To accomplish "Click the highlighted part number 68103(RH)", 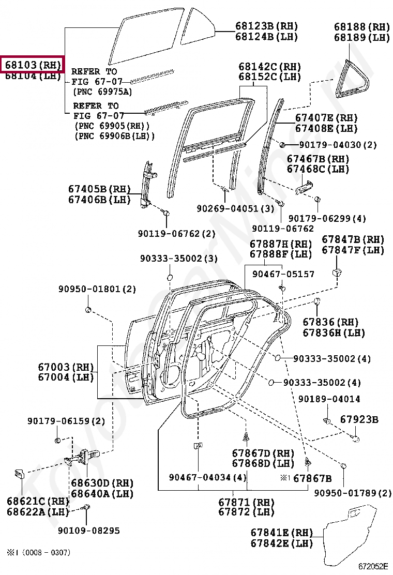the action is coord(33,65).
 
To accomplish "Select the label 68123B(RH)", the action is coord(266,26).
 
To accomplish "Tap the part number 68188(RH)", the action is coord(361,26).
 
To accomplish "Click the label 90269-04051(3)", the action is coord(235,208).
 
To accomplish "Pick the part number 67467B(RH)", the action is coord(318,159).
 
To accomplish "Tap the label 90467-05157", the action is coord(283,274).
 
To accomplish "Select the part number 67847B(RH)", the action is coord(353,239).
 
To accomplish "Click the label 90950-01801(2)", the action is coord(97,289).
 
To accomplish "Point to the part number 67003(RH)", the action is coord(66,367).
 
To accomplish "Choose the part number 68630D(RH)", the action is coord(102,483).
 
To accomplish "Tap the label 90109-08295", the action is coord(89,530).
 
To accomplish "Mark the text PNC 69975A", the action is coord(103,92).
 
